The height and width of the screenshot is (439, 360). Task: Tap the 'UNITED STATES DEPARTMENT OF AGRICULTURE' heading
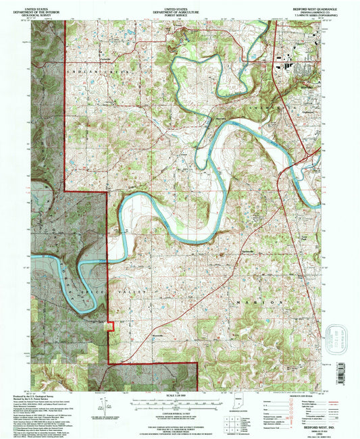tap(180, 6)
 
